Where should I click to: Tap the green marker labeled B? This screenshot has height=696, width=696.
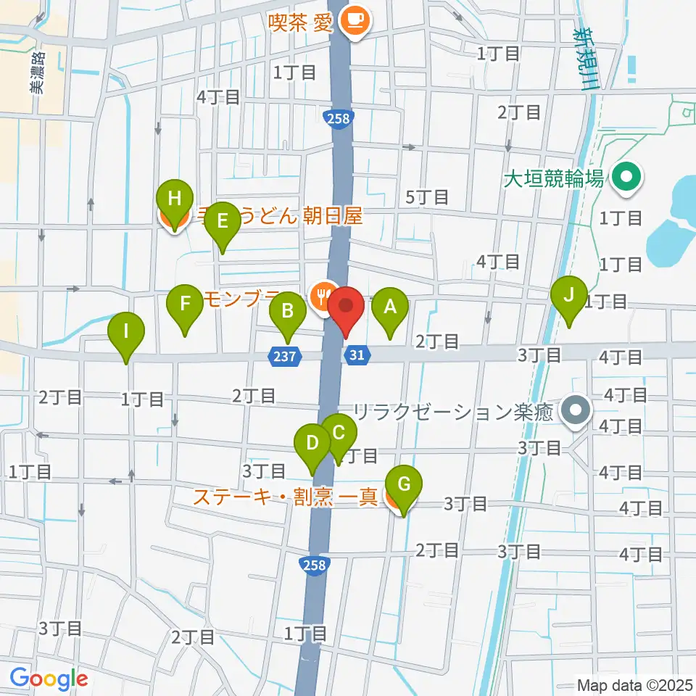tap(288, 312)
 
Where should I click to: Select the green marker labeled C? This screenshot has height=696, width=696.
tap(338, 433)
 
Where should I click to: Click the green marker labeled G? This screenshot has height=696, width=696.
tap(405, 482)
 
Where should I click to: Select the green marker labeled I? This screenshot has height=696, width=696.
tap(126, 332)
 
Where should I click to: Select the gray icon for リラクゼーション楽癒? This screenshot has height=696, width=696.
tap(576, 412)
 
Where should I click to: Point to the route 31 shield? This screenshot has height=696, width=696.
tap(356, 355)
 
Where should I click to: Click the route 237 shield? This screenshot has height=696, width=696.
tap(286, 355)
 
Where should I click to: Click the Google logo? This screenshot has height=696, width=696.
tap(49, 679)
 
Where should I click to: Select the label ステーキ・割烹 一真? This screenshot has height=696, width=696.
tap(284, 497)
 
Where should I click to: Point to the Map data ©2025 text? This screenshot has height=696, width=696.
tap(634, 684)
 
